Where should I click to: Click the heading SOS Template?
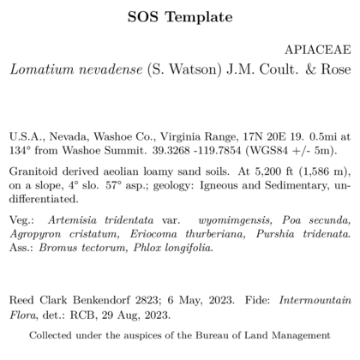(179, 17)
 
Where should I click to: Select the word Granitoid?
(32, 171)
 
